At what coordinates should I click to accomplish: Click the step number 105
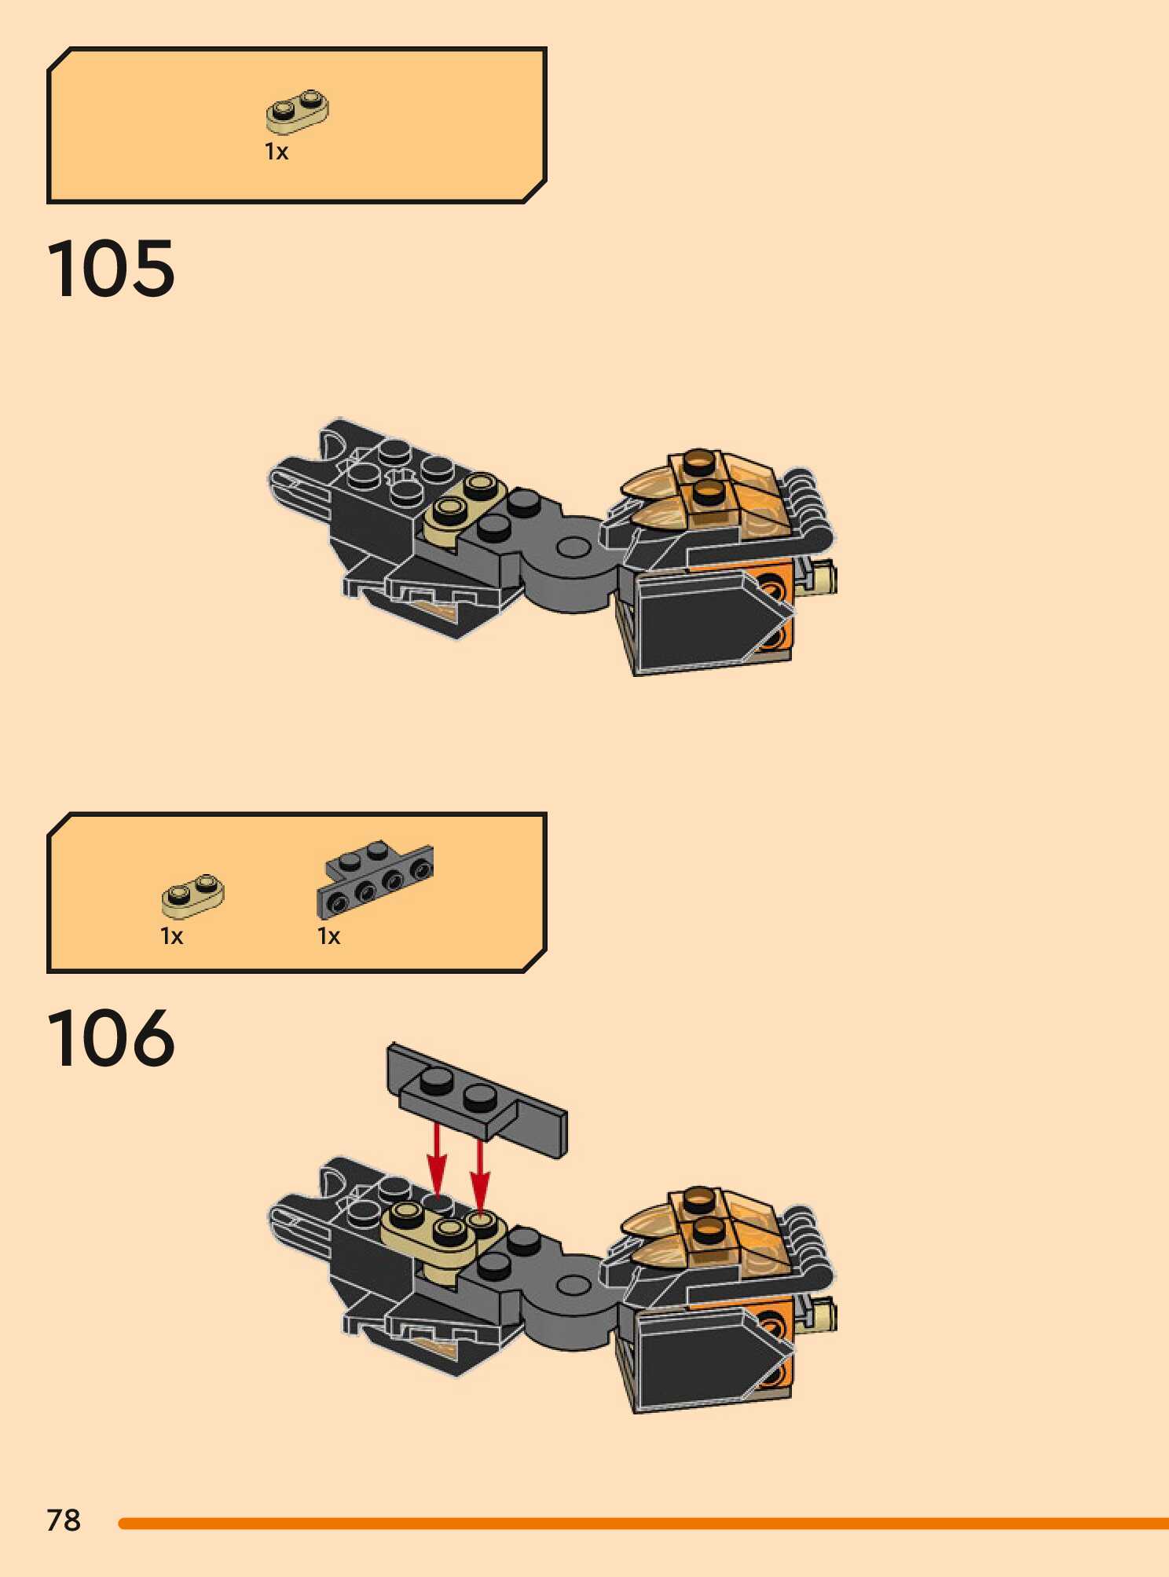pos(111,269)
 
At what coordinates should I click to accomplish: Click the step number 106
pos(111,1038)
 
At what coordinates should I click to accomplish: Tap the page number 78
pos(64,1520)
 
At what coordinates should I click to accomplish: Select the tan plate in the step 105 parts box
pos(297,111)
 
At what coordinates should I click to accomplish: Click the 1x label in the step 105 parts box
pos(277,152)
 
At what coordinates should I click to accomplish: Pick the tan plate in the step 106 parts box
pos(193,896)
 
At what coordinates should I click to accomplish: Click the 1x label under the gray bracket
pos(328,936)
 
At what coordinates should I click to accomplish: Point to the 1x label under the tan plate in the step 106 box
pos(171,936)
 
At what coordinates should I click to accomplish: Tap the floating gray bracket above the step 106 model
pos(477,1100)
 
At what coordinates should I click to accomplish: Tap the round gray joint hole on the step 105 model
pos(574,545)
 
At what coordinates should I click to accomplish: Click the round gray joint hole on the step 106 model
pos(574,1286)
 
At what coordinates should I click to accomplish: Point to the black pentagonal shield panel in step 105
pos(703,620)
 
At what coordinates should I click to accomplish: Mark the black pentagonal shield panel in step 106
pos(703,1360)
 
